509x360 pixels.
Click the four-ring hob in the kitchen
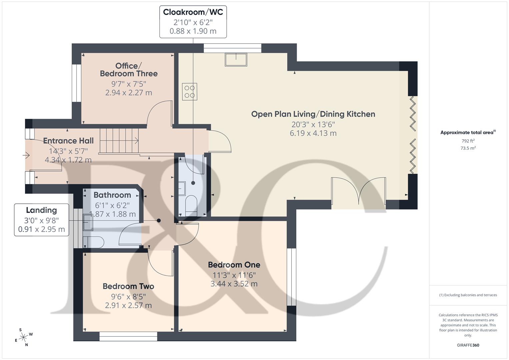[190, 92]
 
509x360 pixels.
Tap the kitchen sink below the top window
[236, 60]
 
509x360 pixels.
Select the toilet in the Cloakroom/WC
[191, 205]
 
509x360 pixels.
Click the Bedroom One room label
[234, 265]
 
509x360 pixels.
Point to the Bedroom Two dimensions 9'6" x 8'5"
[128, 297]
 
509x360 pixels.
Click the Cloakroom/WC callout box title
[193, 12]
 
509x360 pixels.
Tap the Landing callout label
[41, 210]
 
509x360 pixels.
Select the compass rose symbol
[24, 337]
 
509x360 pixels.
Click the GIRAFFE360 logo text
[468, 345]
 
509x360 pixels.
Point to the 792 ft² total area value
[468, 141]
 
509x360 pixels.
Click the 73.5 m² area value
[468, 148]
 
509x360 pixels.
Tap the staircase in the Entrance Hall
[119, 141]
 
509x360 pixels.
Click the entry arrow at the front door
[26, 155]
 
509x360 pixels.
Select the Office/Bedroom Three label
[129, 70]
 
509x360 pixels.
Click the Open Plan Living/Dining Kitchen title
[313, 114]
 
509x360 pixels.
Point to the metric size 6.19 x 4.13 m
[313, 133]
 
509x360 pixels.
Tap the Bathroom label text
[112, 195]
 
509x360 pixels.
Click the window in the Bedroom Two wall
[128, 336]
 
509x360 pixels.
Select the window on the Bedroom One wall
[292, 277]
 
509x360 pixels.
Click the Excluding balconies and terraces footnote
[468, 295]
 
